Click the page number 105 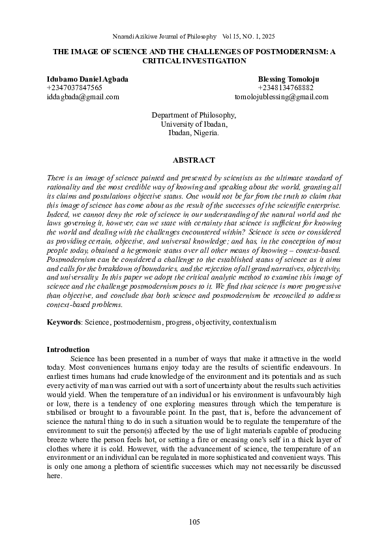coord(194,521)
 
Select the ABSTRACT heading coord(194,160)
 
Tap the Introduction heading coord(68,349)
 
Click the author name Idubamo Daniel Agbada coord(87,79)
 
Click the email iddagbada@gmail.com coord(83,97)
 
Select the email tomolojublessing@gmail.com coord(281,97)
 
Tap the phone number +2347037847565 coord(74,88)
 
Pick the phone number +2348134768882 coord(286,88)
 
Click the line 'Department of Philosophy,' coord(194,115)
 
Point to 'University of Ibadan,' coord(194,123)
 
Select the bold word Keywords coord(62,323)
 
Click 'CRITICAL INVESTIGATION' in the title coord(194,60)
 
